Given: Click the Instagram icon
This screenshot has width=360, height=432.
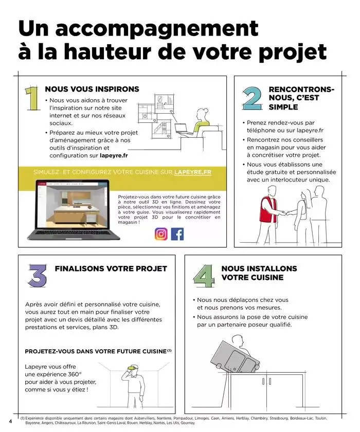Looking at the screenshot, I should tap(161, 234).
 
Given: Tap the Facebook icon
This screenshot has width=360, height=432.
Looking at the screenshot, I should tap(177, 234).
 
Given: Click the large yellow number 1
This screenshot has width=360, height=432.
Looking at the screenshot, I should tap(32, 99).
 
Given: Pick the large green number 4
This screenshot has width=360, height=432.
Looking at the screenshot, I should tap(204, 276).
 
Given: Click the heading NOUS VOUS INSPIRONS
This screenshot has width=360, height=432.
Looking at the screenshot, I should tap(92, 89).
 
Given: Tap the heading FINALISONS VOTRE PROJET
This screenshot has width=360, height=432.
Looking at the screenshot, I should tap(111, 268).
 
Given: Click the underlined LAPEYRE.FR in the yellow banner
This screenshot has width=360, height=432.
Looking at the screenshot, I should tap(193, 172).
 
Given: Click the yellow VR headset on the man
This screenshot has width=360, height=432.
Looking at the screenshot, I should tap(133, 368).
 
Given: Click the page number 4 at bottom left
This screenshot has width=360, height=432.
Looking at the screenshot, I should tap(10, 420).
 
